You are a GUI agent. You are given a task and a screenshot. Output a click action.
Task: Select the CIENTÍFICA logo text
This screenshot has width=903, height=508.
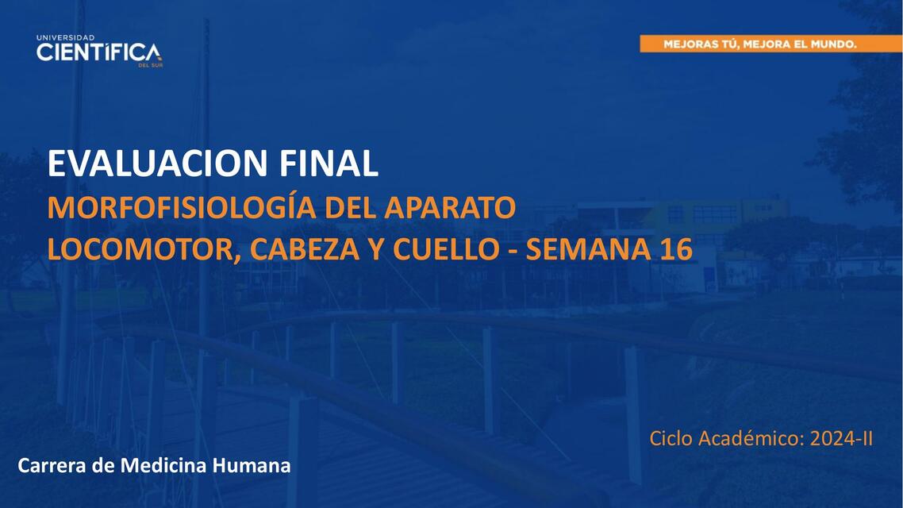pos(98,53)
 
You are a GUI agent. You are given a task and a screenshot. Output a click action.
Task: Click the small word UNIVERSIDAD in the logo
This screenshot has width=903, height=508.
pos(65,37)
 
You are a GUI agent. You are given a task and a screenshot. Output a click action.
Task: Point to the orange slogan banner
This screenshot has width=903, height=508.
pos(759,44)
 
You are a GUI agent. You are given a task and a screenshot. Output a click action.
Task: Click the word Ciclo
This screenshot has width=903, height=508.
pos(671,438)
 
